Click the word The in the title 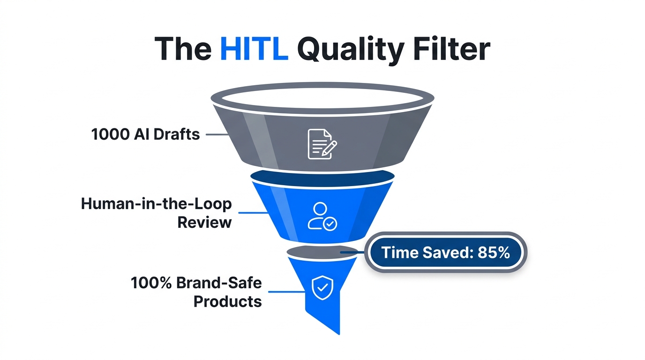click(183, 48)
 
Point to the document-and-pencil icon click(322, 144)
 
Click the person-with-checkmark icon click(322, 216)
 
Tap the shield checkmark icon click(322, 287)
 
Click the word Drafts click(177, 135)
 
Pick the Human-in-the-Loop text click(157, 204)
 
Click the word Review click(204, 222)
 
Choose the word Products click(228, 301)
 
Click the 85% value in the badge click(494, 253)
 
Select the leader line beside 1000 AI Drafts click(216, 135)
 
